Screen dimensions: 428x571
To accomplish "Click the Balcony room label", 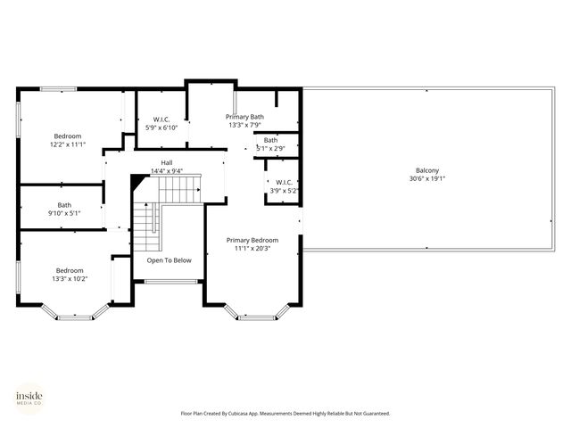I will pos(426,170).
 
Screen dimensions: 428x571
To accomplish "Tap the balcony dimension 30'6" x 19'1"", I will pos(426,178).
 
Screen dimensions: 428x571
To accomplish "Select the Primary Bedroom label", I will pos(252,240).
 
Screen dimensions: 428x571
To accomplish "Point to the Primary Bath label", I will pos(244,117).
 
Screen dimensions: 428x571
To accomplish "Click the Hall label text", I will pos(167,163).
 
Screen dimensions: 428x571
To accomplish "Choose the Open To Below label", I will pos(169,260).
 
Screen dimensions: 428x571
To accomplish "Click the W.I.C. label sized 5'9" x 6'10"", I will pos(161,119).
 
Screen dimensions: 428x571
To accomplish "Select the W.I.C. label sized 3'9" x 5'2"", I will pos(284,183).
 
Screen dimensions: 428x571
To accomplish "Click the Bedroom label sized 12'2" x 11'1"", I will pos(68,136).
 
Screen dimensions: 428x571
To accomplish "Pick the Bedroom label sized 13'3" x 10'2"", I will pos(70,271).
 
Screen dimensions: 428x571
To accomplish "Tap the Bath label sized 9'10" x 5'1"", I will pos(64,205).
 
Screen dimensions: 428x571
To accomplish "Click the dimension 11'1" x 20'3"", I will pos(252,249).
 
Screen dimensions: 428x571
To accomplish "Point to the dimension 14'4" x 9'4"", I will pos(167,171).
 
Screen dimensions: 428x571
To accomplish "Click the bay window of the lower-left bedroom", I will pos(75,314).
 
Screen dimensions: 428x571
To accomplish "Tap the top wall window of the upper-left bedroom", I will pos(58,88).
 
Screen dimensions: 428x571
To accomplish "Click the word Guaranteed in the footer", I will pos(374,414).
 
